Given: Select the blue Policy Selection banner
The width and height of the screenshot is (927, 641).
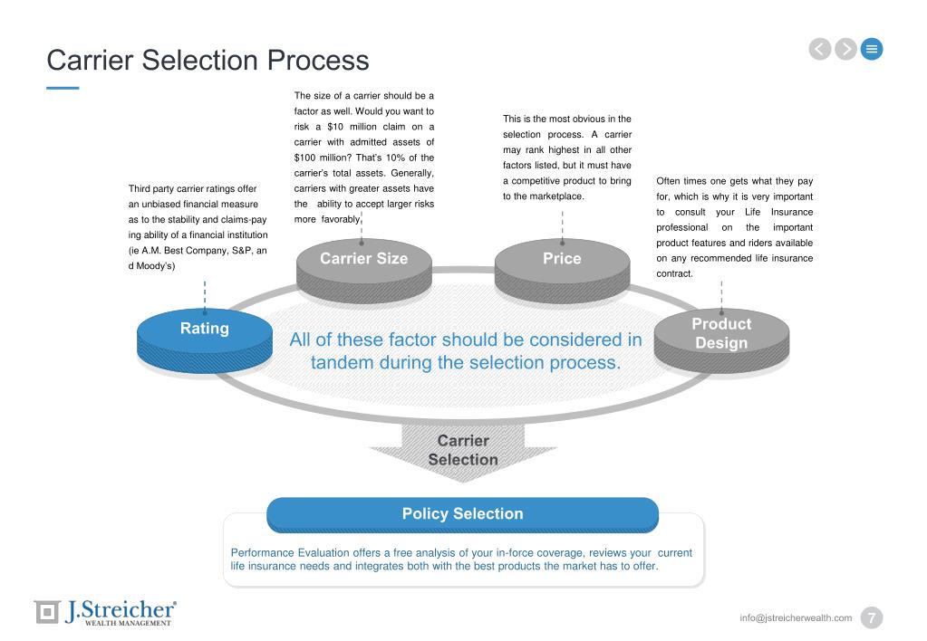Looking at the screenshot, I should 462,514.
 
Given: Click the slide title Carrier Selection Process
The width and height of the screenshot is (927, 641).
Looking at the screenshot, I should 208,60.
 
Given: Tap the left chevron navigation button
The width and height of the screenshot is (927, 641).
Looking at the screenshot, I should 819,49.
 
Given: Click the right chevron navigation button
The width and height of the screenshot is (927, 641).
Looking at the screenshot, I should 845,49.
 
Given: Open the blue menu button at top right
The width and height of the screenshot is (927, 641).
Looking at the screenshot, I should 872,49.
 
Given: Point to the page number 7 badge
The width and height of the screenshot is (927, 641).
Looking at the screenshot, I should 871,617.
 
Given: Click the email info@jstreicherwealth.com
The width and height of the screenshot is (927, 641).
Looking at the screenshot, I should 795,617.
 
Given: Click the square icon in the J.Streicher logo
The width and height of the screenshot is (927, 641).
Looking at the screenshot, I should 46,612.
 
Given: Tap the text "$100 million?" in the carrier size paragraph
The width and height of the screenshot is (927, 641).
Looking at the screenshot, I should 314,158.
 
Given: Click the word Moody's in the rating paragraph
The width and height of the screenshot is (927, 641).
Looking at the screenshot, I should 154,266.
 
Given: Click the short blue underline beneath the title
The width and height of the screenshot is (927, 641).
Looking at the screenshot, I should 63,88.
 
